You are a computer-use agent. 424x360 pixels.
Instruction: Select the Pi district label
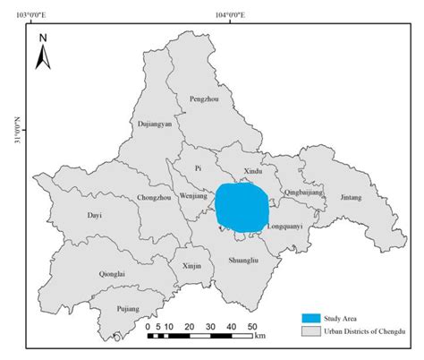tap(200, 167)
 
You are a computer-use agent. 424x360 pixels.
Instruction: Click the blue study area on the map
tap(242, 206)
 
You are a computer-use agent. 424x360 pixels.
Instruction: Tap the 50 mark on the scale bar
tap(252, 326)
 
